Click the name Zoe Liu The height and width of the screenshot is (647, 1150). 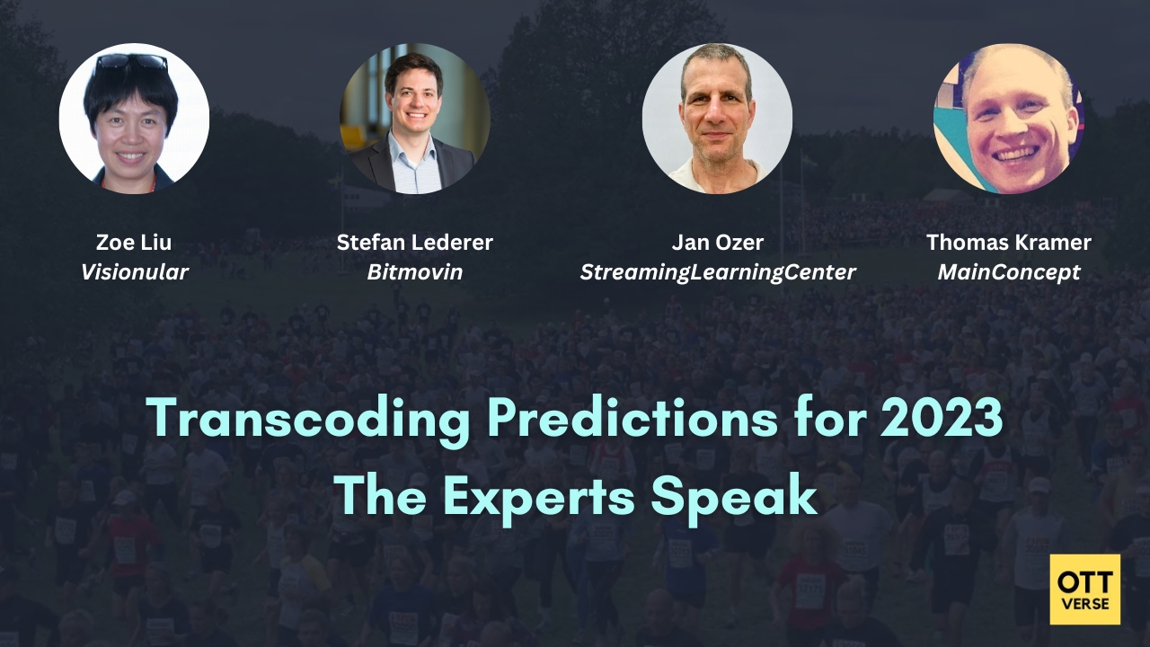134,243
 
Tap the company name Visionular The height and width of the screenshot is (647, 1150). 134,271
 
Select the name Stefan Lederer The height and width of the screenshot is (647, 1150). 414,243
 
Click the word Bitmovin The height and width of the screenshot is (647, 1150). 414,271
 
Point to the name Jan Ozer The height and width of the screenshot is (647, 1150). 717,243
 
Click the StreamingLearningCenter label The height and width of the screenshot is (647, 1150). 717,271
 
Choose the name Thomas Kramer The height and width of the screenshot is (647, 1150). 1009,243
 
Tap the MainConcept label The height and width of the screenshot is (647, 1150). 1009,271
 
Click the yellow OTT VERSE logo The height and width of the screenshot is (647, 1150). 1084,589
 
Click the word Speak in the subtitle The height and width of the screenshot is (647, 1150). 753,495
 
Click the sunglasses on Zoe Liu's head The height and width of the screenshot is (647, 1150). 131,62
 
